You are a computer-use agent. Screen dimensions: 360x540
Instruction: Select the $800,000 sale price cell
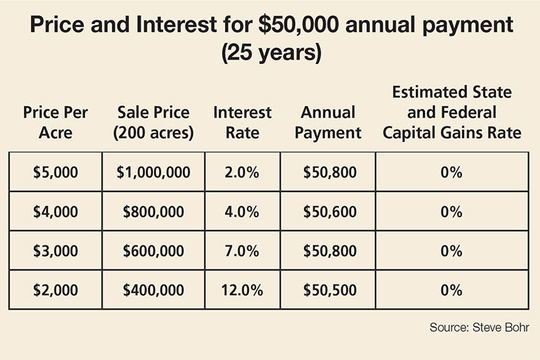(153, 212)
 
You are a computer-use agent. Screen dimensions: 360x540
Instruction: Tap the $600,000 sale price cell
(153, 251)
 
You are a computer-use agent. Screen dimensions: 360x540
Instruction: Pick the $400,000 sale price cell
(153, 290)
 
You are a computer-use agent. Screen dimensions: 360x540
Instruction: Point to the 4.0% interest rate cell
(242, 212)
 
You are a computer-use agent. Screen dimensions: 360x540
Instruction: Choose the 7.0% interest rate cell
(242, 251)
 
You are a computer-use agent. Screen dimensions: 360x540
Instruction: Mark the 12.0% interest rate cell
(242, 290)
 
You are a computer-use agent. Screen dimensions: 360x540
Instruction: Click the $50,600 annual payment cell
(328, 212)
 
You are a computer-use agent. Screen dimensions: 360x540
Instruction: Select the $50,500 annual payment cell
(328, 290)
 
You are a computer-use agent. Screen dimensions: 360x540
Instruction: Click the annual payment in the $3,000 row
(328, 251)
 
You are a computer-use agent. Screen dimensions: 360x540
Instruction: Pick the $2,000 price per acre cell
(56, 290)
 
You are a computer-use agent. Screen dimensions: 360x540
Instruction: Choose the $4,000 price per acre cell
(56, 212)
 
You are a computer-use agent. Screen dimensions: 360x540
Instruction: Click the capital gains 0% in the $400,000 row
(452, 290)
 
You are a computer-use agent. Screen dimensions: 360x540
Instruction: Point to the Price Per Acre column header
(56, 122)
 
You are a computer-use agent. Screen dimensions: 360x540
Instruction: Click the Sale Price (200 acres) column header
(153, 122)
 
